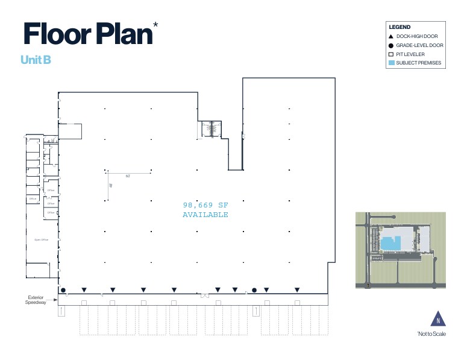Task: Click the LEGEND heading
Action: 400,27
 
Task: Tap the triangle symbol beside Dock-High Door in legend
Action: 392,37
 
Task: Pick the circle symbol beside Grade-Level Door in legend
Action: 392,45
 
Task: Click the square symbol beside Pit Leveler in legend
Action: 392,54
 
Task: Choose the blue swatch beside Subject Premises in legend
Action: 392,63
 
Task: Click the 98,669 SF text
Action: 205,205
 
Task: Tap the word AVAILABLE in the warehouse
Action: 205,215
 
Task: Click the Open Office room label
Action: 41,239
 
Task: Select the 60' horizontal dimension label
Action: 128,175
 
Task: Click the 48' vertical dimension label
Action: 111,185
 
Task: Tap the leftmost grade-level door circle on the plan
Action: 63,290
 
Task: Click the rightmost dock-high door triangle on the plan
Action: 297,290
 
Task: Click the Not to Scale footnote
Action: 431,335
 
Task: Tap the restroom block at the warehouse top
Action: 212,128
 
